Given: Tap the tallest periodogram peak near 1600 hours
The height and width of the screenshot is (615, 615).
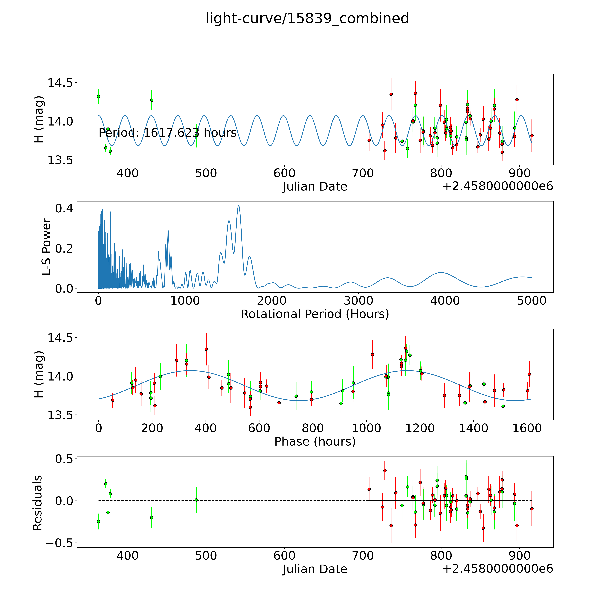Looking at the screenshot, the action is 238,206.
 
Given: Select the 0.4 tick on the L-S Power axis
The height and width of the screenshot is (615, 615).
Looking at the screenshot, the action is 64,209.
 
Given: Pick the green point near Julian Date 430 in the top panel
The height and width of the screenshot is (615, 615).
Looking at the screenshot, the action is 152,100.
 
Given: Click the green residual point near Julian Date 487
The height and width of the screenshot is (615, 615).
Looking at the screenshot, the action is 196,500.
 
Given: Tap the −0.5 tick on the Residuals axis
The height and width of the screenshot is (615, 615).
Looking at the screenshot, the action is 59,543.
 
